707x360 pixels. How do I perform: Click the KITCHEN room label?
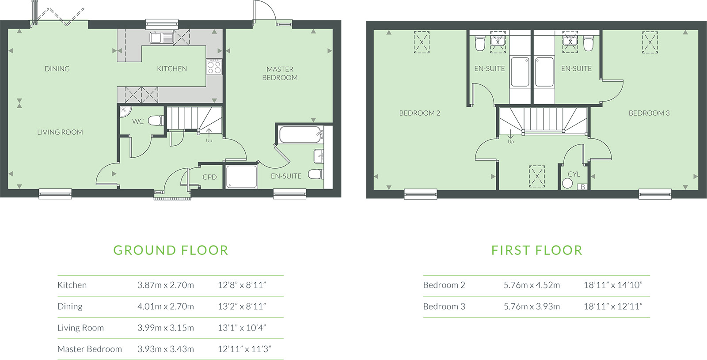tap(172, 69)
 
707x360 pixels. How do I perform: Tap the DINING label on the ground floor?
tap(57, 69)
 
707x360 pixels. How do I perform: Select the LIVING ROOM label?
tap(60, 132)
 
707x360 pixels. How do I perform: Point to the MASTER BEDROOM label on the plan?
tap(280, 73)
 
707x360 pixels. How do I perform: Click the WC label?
tap(138, 121)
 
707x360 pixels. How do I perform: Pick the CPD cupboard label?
tap(209, 177)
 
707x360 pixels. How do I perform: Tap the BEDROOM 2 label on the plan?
tap(419, 113)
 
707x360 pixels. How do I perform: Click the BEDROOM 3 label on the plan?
tap(649, 113)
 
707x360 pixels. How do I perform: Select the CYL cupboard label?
tap(574, 174)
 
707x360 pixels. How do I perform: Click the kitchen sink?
tap(162, 38)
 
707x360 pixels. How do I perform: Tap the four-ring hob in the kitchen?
tap(214, 67)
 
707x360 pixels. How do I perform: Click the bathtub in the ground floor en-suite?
tap(300, 135)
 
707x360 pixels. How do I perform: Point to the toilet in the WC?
tap(156, 121)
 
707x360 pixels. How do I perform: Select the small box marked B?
tap(583, 187)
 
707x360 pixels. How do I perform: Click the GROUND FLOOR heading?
tap(171, 250)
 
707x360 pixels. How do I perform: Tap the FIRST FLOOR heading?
tap(537, 250)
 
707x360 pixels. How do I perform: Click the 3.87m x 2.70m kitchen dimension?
tap(166, 285)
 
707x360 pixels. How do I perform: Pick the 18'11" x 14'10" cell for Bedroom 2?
tap(613, 285)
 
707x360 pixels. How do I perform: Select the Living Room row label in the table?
tap(80, 328)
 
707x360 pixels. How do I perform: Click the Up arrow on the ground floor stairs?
tap(209, 133)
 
